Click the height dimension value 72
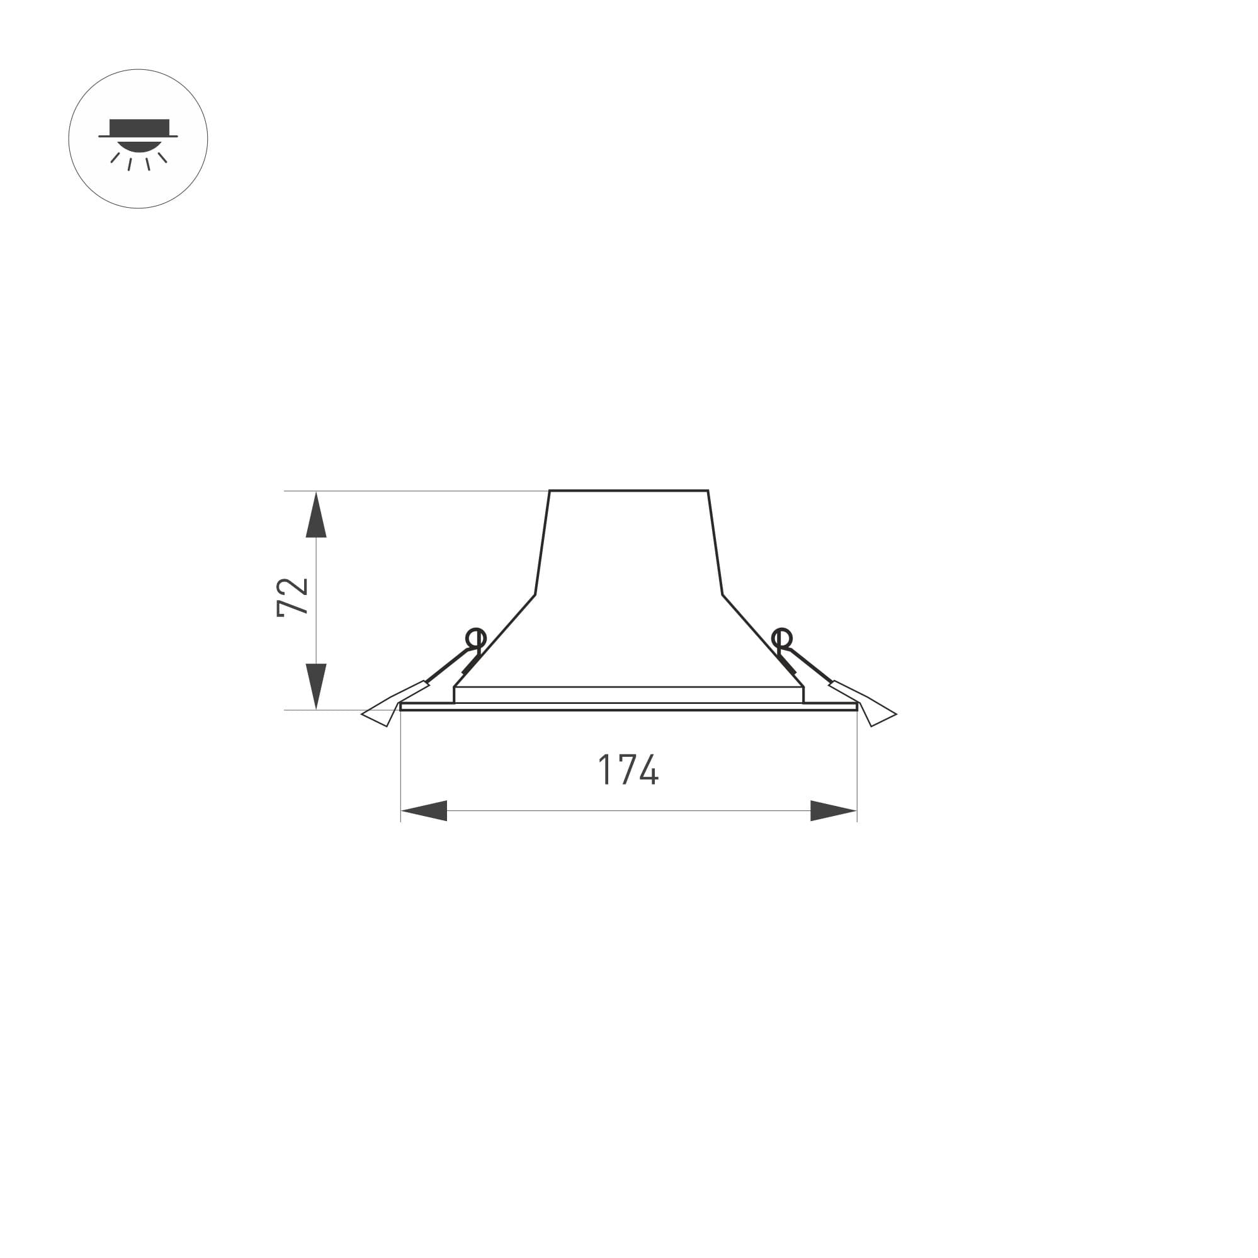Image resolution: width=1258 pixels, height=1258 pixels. (x=292, y=596)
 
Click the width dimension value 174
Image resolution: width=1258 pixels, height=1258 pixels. (x=628, y=769)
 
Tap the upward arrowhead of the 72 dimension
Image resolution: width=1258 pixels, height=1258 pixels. (x=316, y=514)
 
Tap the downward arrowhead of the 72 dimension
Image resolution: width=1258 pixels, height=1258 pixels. (x=316, y=686)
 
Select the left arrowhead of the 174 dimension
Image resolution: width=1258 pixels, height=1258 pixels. (x=424, y=811)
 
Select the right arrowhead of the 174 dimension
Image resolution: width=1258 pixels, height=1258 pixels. (x=834, y=811)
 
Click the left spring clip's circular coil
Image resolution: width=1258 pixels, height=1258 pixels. (x=476, y=638)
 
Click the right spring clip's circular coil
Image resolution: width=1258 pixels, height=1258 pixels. (x=781, y=638)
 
